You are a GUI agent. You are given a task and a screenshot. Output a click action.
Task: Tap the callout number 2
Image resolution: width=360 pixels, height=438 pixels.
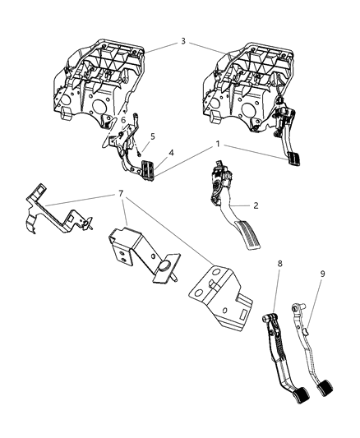(x=233, y=206)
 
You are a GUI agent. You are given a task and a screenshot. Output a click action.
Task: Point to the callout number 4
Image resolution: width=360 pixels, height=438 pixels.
(x=171, y=152)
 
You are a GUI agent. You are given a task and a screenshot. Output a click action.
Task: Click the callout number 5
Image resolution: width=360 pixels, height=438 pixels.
(x=151, y=136)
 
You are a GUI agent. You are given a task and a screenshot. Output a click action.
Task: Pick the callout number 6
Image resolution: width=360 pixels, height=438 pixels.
(x=123, y=120)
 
